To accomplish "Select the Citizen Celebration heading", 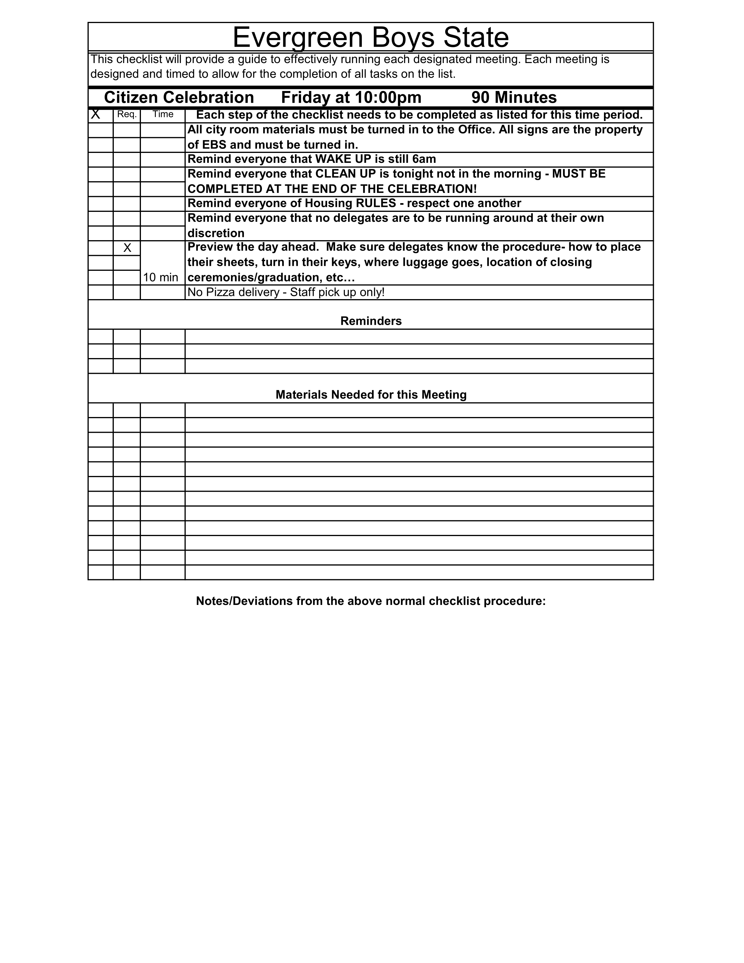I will tap(179, 97).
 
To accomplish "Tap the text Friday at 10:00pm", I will tap(351, 97).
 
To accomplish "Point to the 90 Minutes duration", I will tap(514, 97).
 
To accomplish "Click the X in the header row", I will tap(95, 115).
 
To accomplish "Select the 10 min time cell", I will tap(160, 277).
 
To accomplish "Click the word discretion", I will tap(216, 233).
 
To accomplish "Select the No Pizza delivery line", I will tap(286, 292).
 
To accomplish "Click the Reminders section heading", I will tap(371, 321).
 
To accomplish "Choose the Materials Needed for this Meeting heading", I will tap(371, 395).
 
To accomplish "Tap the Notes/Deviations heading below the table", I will tap(371, 601).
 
